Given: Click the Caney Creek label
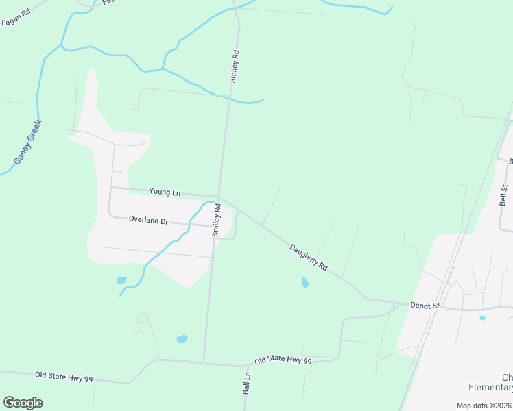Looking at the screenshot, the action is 28,142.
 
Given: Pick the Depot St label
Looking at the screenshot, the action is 424,305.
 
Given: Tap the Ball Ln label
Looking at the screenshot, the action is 247,382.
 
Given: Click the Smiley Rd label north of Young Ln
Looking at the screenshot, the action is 235,66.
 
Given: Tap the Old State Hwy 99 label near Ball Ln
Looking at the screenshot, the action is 283,360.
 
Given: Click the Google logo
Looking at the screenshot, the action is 23,403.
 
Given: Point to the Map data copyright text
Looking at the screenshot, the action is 484,406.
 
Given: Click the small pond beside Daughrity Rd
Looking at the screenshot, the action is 305,282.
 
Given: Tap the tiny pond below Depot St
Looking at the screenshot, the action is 482,318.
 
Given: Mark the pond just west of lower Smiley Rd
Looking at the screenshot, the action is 182,338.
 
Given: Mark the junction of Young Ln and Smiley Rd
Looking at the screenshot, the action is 219,197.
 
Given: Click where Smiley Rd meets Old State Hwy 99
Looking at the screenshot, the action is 204,363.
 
